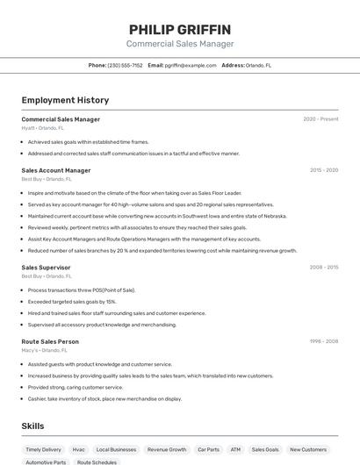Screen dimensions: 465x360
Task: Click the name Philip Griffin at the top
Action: pos(180,29)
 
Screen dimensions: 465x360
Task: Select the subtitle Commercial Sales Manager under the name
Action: pos(180,44)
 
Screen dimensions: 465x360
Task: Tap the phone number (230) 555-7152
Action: pos(125,65)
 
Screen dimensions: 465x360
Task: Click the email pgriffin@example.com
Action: pos(188,65)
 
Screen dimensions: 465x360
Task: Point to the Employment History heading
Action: pos(65,100)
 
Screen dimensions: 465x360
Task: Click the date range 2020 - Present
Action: pos(320,119)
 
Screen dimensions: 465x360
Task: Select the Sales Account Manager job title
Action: pos(56,170)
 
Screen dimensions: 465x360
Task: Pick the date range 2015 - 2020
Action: pos(324,170)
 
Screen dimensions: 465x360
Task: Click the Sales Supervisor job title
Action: pos(46,267)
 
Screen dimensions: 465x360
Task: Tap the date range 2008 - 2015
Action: pos(324,267)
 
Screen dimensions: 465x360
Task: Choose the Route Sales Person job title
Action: pos(50,341)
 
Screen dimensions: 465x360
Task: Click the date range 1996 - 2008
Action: pos(324,341)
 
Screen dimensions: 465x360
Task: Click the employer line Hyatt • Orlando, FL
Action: pos(43,127)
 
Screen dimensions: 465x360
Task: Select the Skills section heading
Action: pos(33,426)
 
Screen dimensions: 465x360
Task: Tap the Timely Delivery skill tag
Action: pos(44,449)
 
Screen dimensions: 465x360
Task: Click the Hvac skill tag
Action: pos(79,449)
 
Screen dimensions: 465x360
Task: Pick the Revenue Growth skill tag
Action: pos(167,449)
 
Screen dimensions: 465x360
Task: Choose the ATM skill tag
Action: pos(235,449)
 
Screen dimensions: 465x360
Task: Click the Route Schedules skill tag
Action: pos(97,461)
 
